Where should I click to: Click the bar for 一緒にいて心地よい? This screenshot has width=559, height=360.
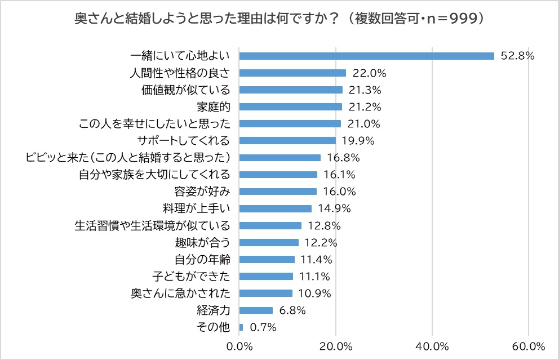point(366,56)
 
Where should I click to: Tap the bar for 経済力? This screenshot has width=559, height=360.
point(256,310)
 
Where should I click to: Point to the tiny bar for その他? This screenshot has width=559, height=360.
point(241,327)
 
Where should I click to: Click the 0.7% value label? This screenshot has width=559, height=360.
point(263,327)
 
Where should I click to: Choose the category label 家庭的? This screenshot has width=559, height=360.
point(214,106)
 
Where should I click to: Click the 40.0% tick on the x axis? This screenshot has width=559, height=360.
point(432,345)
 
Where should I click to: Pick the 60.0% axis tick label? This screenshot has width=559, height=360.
point(529,345)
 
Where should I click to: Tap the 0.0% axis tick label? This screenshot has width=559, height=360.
point(239,345)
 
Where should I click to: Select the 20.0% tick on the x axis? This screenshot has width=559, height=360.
point(336,345)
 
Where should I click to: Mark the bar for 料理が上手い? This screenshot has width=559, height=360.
point(275,208)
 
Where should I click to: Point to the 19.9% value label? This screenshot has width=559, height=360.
point(358,140)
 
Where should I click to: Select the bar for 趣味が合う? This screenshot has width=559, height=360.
point(269,242)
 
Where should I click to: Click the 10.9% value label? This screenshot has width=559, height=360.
point(314,294)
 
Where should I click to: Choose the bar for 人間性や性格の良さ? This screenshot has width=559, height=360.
point(292,73)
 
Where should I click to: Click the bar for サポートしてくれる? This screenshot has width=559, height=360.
point(287,140)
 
